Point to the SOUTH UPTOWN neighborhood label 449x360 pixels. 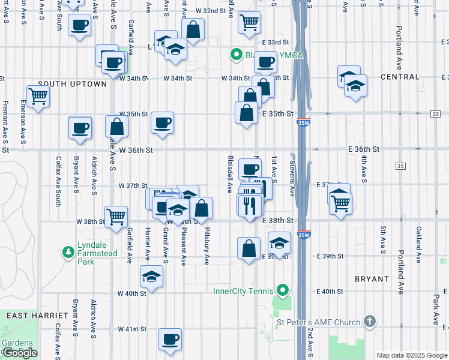click(72, 84)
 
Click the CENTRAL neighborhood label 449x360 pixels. click(400, 77)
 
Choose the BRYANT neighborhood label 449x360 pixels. click(373, 279)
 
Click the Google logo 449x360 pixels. click(19, 353)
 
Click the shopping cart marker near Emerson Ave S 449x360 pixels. click(38, 95)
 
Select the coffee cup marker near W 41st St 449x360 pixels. click(170, 338)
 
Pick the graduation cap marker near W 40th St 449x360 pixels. click(151, 277)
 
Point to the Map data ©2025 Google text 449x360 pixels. click(411, 355)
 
